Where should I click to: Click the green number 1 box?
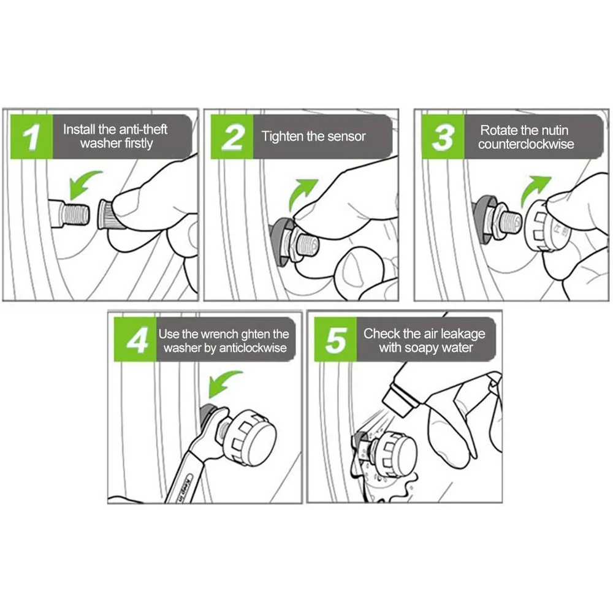click(x=31, y=137)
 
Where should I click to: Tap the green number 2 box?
click(x=232, y=137)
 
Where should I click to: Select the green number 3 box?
click(x=443, y=137)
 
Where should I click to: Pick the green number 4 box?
click(x=135, y=339)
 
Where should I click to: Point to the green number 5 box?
click(x=335, y=339)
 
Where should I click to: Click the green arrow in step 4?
click(x=224, y=384)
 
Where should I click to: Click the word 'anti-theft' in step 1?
click(x=143, y=129)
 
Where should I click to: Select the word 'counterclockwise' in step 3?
click(x=526, y=144)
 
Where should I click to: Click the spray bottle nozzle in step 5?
click(x=399, y=399)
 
